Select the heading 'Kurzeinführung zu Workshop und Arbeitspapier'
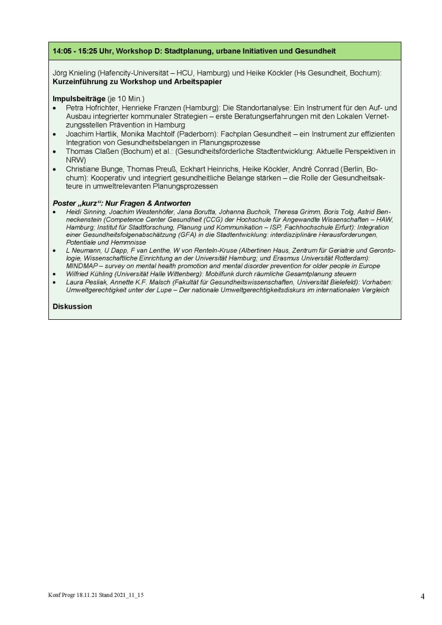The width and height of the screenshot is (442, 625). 137,81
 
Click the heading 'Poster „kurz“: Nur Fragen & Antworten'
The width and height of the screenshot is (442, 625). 122,203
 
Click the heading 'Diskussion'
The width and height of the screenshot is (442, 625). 73,306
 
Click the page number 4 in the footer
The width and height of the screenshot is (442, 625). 422,597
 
